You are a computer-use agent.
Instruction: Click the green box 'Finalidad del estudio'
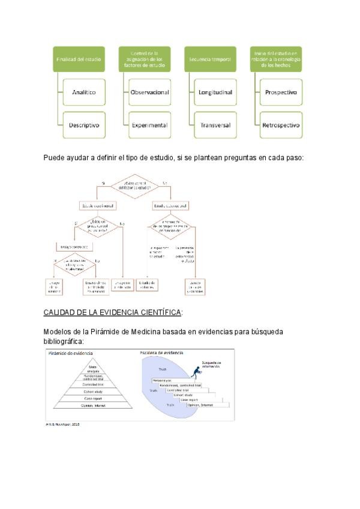click(x=79, y=59)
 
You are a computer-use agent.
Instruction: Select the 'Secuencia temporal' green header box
click(x=209, y=59)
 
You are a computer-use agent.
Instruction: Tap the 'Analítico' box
click(x=83, y=93)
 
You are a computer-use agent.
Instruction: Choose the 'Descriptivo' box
click(x=83, y=126)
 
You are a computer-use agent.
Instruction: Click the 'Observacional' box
click(x=149, y=93)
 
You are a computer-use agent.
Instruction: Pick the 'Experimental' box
click(x=149, y=126)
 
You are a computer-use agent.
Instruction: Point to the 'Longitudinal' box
click(x=215, y=93)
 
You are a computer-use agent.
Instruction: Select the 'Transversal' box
click(x=215, y=126)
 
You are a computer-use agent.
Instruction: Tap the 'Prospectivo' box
click(x=280, y=93)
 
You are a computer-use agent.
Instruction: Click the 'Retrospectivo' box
click(x=280, y=126)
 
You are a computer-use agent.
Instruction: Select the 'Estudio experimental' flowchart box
click(x=98, y=206)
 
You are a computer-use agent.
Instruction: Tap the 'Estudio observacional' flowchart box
click(x=171, y=206)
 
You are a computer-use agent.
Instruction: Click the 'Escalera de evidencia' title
click(x=161, y=353)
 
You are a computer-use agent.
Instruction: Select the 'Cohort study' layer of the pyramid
click(x=92, y=391)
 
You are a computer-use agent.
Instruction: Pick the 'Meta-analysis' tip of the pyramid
click(x=92, y=368)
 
